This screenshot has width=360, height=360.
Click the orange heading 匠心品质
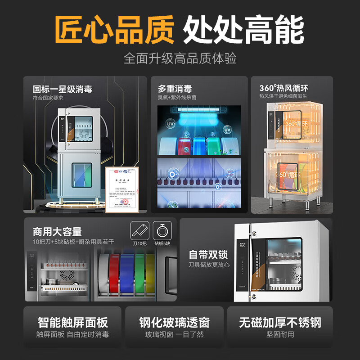[114, 29]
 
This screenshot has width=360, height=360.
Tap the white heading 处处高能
[243, 29]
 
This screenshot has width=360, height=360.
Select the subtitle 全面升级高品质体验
[180, 58]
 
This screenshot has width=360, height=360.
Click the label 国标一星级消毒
[62, 89]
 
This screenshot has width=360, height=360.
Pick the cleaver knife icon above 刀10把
[139, 230]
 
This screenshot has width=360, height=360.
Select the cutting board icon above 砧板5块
[162, 230]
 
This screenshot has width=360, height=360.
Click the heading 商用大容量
[57, 232]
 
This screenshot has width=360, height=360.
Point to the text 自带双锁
[209, 255]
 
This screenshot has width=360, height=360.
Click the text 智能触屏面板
[72, 322]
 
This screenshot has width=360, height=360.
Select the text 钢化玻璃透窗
[174, 322]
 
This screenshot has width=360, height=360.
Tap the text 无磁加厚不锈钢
[280, 322]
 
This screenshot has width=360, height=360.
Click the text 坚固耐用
[280, 335]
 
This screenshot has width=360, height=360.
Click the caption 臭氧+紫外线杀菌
[177, 97]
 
